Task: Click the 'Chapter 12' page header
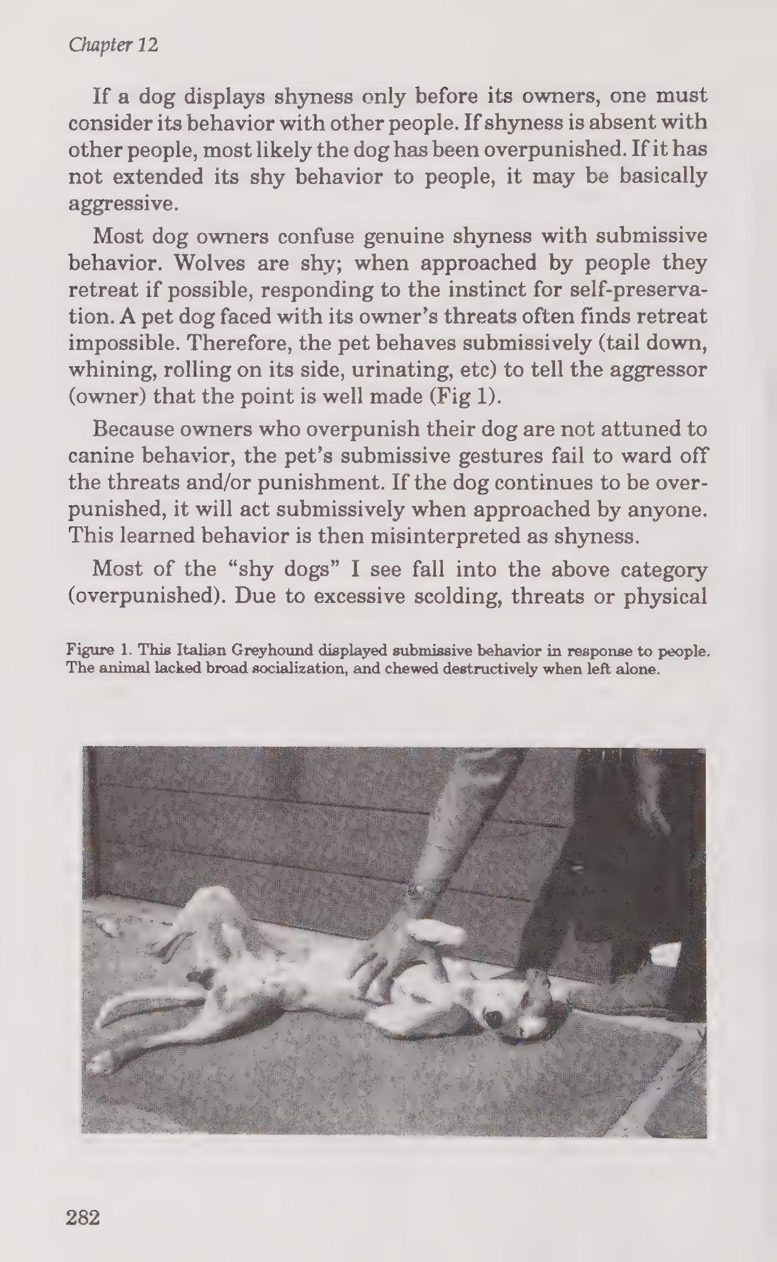(x=113, y=45)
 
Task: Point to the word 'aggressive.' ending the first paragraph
(x=122, y=204)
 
